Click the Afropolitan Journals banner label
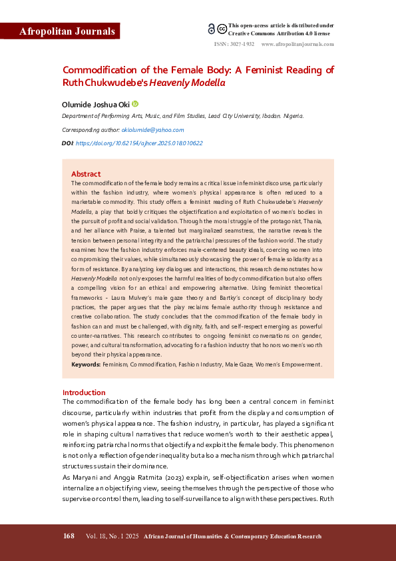click(60, 31)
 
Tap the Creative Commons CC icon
click(222, 29)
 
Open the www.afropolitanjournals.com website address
click(297, 43)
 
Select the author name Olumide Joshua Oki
click(96, 104)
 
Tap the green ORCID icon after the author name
click(135, 104)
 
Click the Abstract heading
click(86, 174)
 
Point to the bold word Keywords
click(86, 364)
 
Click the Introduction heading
click(84, 392)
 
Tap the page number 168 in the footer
click(69, 536)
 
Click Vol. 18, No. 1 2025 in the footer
click(112, 536)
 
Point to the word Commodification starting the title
click(98, 70)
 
